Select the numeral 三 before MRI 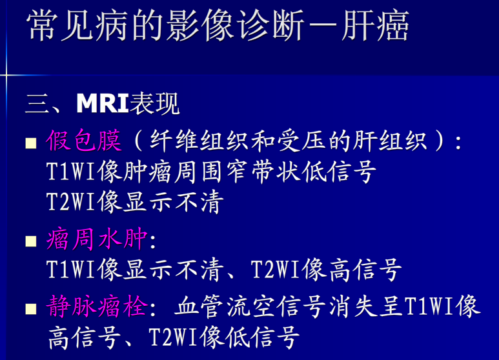[36, 104]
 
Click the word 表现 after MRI [154, 104]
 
